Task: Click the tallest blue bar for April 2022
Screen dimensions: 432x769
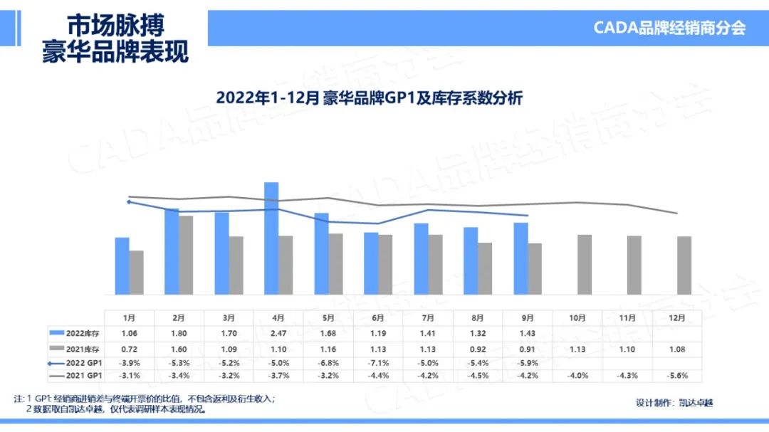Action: click(x=271, y=238)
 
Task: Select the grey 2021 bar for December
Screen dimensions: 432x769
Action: click(x=684, y=265)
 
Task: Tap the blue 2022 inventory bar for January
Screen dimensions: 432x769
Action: click(x=122, y=265)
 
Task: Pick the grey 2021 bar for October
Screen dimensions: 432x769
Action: click(x=585, y=264)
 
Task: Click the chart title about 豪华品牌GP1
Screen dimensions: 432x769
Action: click(x=370, y=98)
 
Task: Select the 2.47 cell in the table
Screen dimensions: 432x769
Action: click(x=278, y=332)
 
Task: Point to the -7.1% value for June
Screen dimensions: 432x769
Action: click(x=378, y=362)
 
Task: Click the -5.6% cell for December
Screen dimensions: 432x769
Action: click(x=677, y=376)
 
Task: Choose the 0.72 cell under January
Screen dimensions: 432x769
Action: click(x=129, y=348)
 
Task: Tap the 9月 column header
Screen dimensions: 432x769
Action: click(x=528, y=317)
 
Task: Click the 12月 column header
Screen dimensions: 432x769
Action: click(x=677, y=317)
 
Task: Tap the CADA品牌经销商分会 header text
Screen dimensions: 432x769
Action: click(x=669, y=28)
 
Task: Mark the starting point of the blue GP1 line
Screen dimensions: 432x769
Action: click(x=129, y=202)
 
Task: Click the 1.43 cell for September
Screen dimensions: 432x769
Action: click(x=528, y=332)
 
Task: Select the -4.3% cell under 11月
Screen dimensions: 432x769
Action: click(x=627, y=376)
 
